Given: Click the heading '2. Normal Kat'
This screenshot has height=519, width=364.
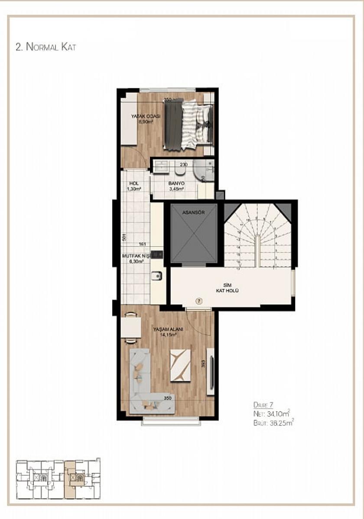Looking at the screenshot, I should click(45, 47).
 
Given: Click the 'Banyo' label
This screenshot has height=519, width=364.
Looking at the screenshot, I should click(176, 184).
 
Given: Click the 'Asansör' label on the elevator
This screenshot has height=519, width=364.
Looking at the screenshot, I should click(193, 212).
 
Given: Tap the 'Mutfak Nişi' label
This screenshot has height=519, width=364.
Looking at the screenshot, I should click(136, 256).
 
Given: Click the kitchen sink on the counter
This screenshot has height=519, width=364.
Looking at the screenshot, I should click(156, 276).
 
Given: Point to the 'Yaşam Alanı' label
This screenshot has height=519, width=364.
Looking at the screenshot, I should click(168, 329).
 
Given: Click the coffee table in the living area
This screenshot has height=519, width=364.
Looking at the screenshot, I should click(180, 365).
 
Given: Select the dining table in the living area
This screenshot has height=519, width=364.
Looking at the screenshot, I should click(130, 327).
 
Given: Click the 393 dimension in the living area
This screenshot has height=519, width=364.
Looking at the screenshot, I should click(202, 364).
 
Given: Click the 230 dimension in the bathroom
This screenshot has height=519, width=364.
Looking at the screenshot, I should click(184, 164).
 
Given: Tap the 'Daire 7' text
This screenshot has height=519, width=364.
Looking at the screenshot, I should click(263, 405).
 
